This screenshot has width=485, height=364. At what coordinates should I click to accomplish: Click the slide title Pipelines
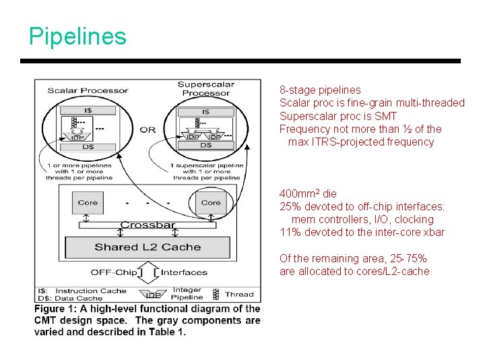pos(77,36)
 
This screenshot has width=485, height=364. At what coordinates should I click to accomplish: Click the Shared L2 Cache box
pos(148,247)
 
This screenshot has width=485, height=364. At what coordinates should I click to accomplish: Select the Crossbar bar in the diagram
pos(148,225)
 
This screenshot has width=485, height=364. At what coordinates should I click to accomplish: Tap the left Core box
pos(88,202)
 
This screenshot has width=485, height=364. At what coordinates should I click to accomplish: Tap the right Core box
pos(211,202)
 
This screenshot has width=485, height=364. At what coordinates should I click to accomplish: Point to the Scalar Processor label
pos(88,90)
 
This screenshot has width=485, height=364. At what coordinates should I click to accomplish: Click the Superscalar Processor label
pos(205,89)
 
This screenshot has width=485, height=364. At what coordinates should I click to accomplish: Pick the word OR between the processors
pos(148,129)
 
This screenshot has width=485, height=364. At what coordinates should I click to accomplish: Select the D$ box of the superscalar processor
pos(205,145)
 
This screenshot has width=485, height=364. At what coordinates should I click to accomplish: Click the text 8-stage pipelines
pos(320,90)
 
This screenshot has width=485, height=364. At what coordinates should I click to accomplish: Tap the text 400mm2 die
pos(308,194)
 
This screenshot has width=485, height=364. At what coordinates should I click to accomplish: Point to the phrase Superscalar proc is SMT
pos(338,116)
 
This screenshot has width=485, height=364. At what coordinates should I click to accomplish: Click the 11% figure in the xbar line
pos(289,233)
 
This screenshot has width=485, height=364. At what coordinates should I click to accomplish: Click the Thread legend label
pos(239,294)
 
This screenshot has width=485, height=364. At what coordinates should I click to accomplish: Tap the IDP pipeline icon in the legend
pos(153,295)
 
